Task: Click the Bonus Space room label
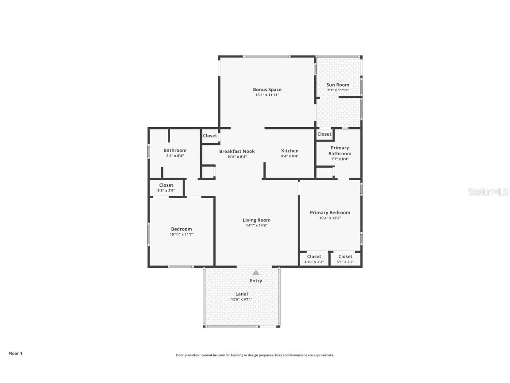[267, 90]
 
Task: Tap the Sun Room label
[338, 85]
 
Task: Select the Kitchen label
[290, 151]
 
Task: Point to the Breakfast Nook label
[237, 151]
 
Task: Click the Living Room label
[256, 220]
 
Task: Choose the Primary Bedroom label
[330, 212]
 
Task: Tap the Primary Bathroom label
[340, 151]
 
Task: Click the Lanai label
[241, 293]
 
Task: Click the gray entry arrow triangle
[256, 273]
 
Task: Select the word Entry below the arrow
[256, 281]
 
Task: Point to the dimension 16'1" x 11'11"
[267, 95]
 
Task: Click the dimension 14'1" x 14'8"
[256, 226]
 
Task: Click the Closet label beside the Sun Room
[324, 134]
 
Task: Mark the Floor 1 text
[15, 353]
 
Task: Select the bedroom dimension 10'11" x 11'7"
[182, 234]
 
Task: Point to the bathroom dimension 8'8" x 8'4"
[175, 156]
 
